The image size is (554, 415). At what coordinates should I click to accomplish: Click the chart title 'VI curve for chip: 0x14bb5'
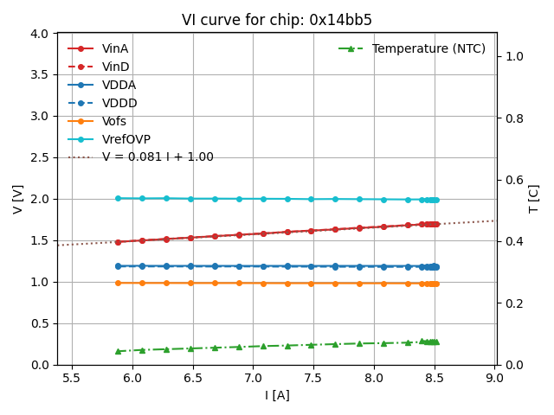pos(277,20)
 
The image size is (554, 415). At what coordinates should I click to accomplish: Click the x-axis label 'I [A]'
pos(277,395)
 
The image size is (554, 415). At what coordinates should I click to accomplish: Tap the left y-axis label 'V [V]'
pos(18,199)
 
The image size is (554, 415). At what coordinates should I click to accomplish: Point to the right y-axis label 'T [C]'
pos(534,199)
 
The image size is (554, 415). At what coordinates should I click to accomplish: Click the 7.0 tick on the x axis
pos(253,378)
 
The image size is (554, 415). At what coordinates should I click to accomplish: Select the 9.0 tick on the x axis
pos(494,378)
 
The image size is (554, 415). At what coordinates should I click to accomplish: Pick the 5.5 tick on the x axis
pos(71,378)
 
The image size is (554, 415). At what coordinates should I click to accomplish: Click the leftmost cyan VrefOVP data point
pos(118,198)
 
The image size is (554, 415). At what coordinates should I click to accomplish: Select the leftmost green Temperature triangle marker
pos(118,351)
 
